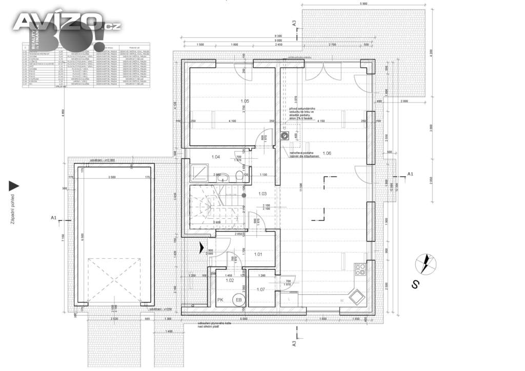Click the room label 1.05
(245, 101)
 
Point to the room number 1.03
(262, 193)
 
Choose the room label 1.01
(258, 254)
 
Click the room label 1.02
(230, 281)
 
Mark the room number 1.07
(260, 290)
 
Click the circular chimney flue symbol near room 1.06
(284, 136)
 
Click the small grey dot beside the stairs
(244, 195)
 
